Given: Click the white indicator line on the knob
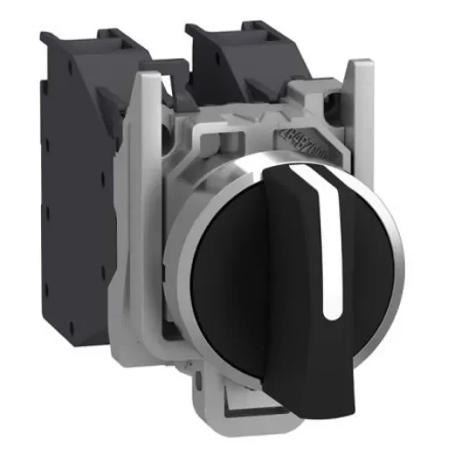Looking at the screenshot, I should tap(331, 241).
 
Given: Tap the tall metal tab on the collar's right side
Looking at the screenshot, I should tap(361, 98).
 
